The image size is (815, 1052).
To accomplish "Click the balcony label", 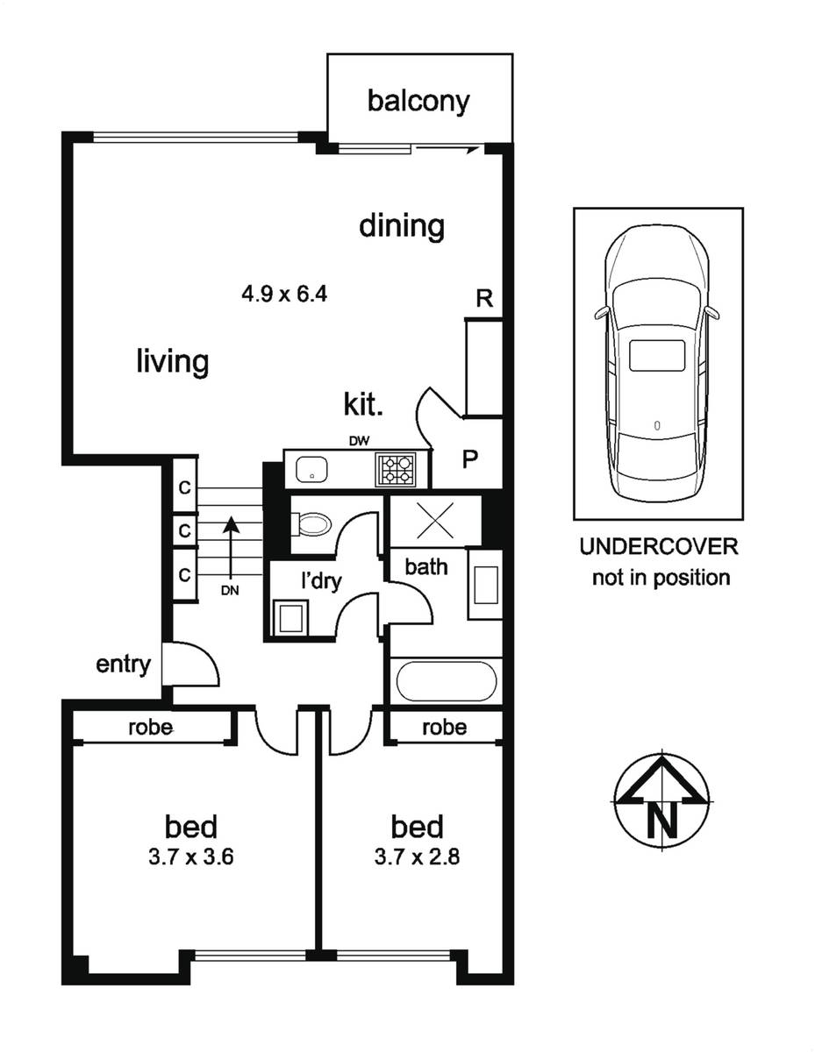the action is tap(418, 102).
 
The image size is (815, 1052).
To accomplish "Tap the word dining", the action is tap(402, 225).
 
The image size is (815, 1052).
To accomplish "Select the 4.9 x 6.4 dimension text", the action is tap(284, 294).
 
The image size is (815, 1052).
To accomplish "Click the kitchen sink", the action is tap(311, 469).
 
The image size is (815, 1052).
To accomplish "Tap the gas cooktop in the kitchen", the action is tap(395, 469).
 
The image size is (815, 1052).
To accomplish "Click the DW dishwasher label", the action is tap(360, 441).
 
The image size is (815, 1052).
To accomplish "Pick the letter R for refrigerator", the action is tap(484, 298).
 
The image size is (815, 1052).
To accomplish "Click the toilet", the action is tap(311, 524).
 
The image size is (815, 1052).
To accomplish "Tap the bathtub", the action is tap(446, 680).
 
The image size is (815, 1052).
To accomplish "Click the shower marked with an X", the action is tap(435, 521).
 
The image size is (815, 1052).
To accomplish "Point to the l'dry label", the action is tap(321, 580).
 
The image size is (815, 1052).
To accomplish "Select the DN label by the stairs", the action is tap(230, 591).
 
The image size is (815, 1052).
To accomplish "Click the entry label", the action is tap(123, 665).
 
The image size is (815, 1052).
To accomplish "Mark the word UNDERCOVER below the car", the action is tap(659, 547).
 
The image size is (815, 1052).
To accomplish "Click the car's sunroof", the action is tap(657, 355).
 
